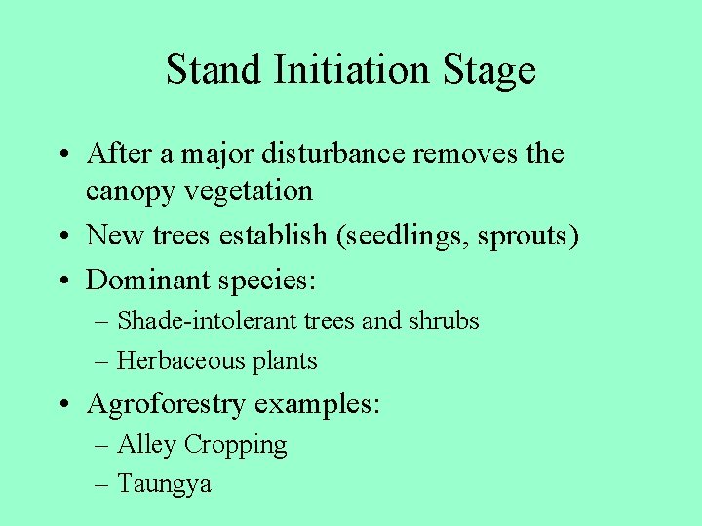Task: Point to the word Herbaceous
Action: point(171,361)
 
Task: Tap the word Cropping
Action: point(235,446)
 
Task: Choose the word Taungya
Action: point(164,484)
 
